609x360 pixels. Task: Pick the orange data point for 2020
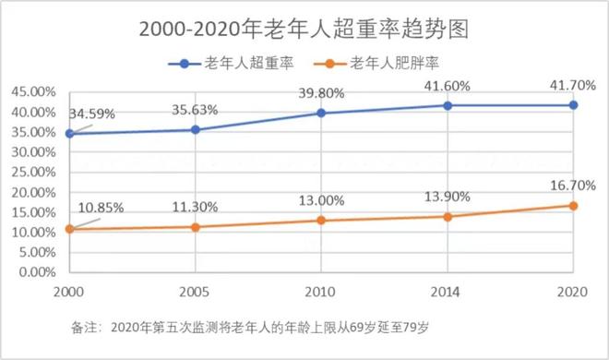tap(573, 206)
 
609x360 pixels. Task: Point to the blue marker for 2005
tap(195, 129)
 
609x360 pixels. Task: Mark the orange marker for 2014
tap(448, 217)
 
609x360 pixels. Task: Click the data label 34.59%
tap(93, 114)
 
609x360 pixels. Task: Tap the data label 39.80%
tap(321, 92)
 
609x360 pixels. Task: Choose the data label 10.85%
tap(98, 207)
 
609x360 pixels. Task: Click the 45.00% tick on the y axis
tap(30, 92)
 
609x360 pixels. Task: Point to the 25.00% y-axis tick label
tap(30, 173)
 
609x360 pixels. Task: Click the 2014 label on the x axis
tap(448, 290)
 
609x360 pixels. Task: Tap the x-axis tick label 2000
tap(69, 290)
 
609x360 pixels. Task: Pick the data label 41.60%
tap(448, 85)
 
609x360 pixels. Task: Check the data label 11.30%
tap(195, 207)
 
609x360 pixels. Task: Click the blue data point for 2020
tap(573, 105)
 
